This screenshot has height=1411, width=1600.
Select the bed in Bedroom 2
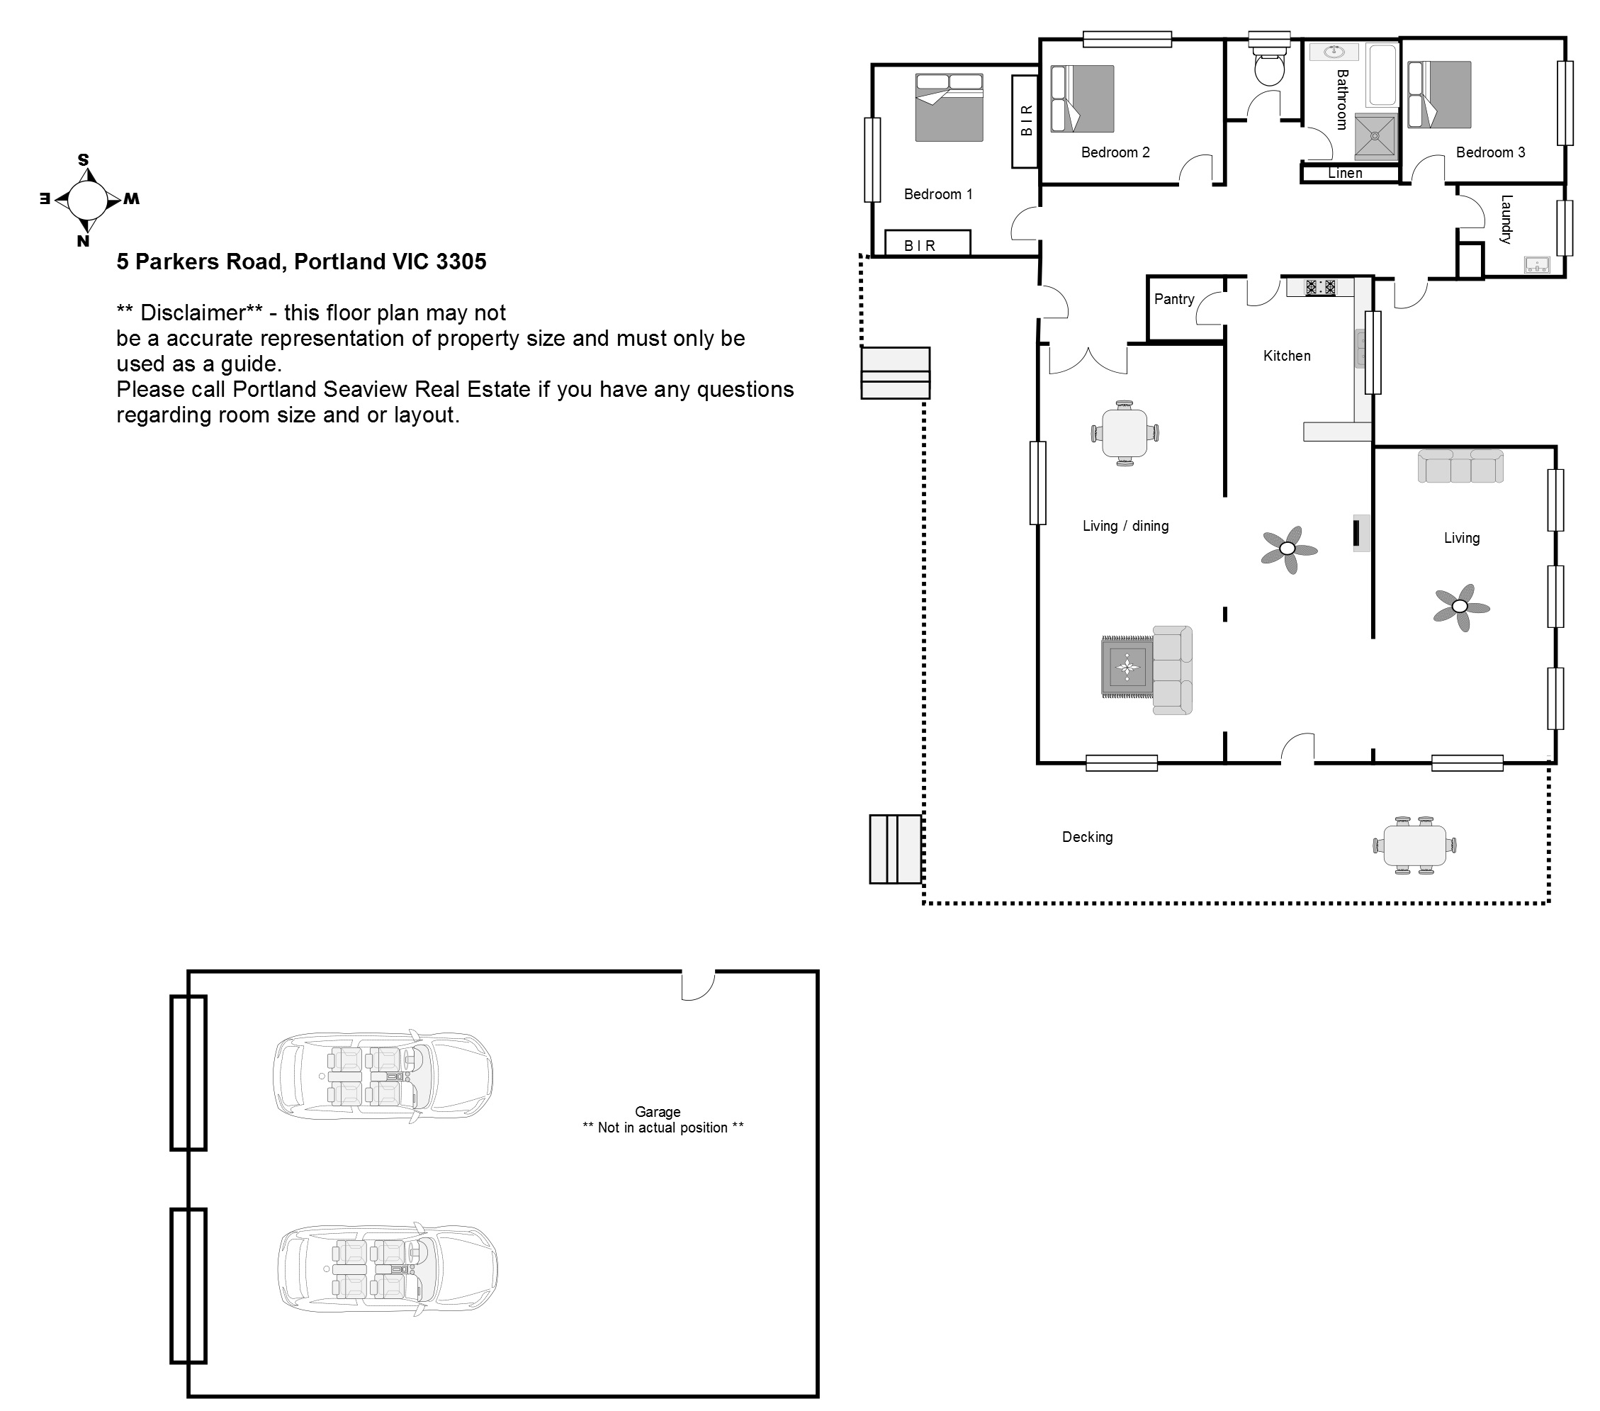[1082, 99]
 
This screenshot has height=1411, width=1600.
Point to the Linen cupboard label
[1345, 173]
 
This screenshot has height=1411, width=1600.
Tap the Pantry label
[1174, 299]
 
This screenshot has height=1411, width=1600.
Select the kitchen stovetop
[1320, 287]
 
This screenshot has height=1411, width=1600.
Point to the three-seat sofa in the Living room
[1460, 466]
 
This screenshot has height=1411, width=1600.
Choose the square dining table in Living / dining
[1125, 433]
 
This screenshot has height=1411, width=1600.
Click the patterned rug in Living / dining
[1127, 667]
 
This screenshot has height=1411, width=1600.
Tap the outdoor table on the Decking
[1414, 845]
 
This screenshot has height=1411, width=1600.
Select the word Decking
[1087, 837]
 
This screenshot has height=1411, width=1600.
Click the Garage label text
[658, 1112]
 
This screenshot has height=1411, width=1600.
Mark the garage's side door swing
[698, 986]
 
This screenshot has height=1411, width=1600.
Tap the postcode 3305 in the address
[461, 262]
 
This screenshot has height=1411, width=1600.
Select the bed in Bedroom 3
[1438, 95]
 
